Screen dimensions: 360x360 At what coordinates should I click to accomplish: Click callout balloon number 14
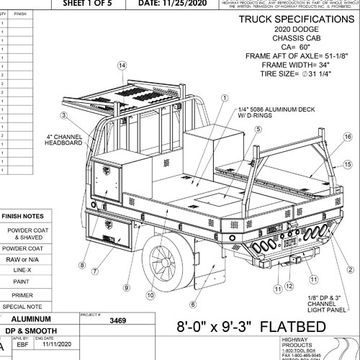(x=122, y=66)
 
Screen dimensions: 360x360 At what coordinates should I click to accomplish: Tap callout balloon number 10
(x=150, y=294)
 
